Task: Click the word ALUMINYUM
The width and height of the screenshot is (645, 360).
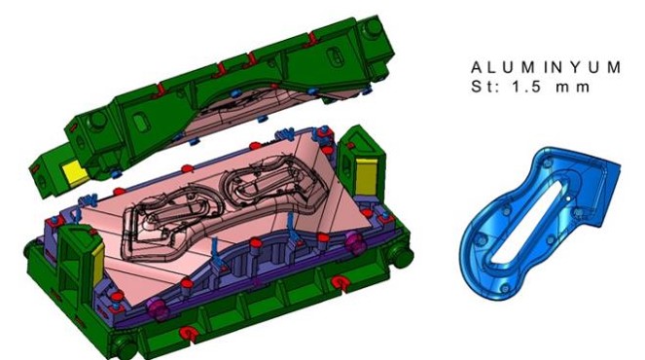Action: click(546, 67)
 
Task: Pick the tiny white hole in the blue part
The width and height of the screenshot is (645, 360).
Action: click(568, 198)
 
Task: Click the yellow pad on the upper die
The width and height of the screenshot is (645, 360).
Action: click(75, 172)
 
